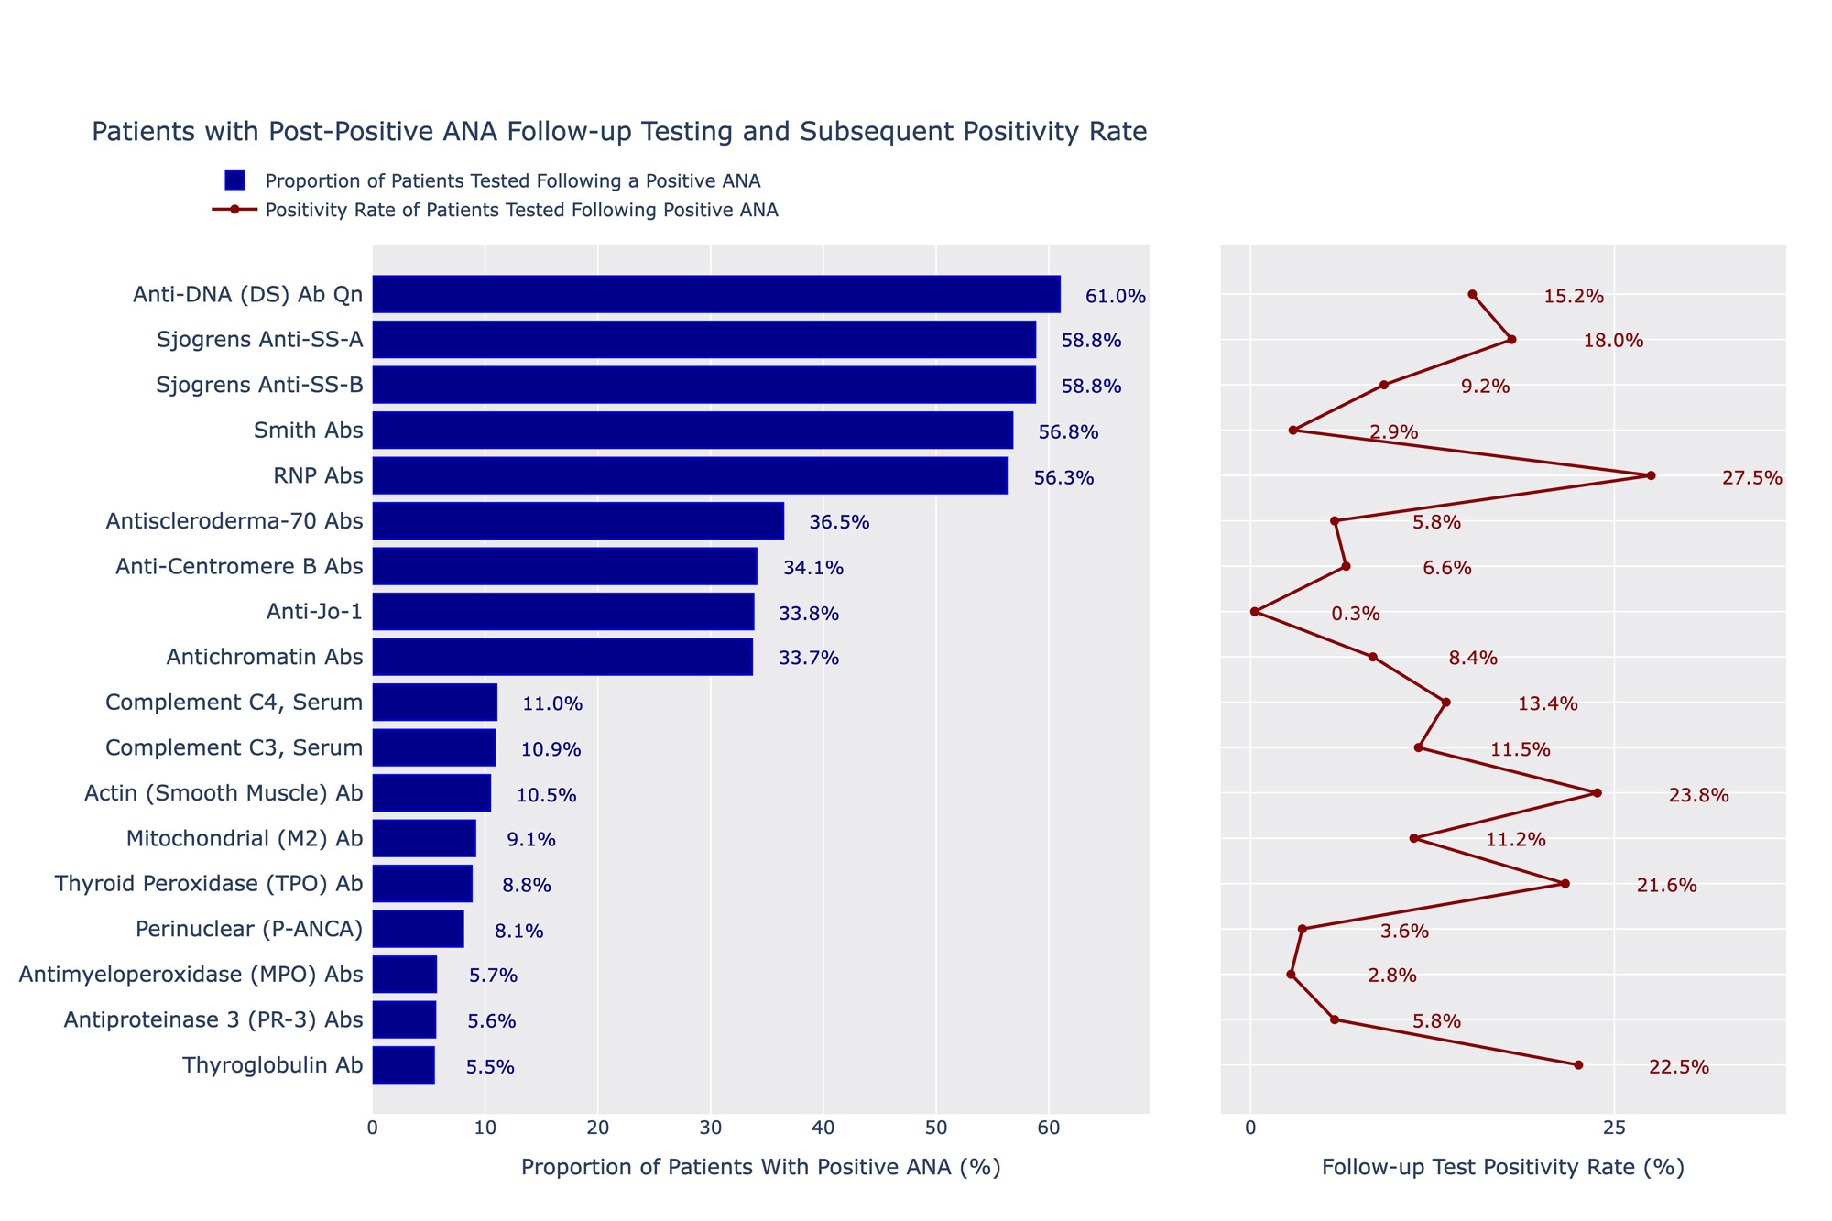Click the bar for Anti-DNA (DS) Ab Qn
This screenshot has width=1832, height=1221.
point(716,294)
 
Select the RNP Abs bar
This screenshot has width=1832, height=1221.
point(690,475)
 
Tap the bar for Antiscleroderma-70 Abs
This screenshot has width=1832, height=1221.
point(578,520)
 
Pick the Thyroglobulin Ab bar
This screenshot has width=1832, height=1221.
point(403,1065)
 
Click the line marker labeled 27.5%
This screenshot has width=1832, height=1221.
point(1651,475)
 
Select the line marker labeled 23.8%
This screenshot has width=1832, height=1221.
point(1597,793)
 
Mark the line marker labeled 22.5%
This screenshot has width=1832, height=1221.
point(1578,1065)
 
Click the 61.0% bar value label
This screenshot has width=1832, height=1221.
point(1115,296)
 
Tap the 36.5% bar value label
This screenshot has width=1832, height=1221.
point(839,523)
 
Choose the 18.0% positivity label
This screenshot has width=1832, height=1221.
point(1613,341)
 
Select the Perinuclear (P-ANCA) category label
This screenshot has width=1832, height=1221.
point(249,930)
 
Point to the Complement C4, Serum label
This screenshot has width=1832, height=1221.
point(234,703)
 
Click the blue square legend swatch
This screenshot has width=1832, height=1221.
point(234,180)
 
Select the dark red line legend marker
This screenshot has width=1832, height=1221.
point(234,210)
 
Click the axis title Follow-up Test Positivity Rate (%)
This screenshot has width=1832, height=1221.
point(1503,1167)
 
